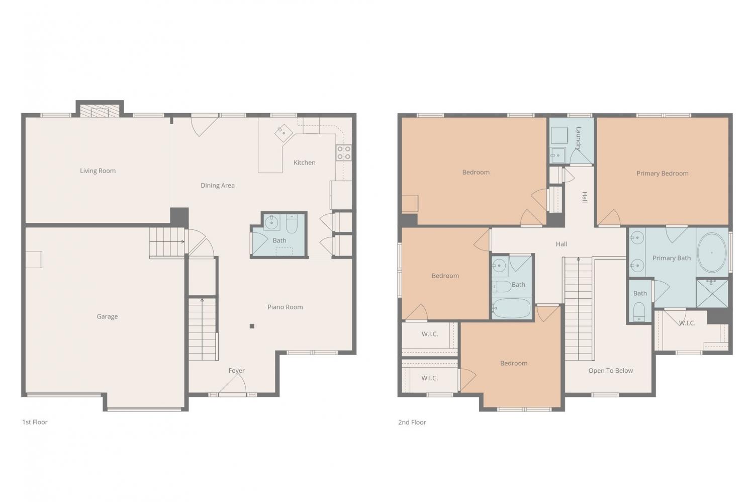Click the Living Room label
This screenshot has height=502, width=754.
pos(98,171)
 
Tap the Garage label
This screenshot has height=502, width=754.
pos(107,316)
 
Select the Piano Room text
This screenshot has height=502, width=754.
pos(285,307)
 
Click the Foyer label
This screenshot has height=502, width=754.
pos(237,370)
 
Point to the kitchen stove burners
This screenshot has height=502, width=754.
pos(344,152)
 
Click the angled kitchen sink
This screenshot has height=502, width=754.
pos(284,133)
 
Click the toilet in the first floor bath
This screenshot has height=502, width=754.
pos(292,223)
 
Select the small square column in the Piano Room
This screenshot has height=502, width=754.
pos(252,326)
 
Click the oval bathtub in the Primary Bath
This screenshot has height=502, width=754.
pos(712,253)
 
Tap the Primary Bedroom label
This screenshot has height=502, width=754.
pos(663,174)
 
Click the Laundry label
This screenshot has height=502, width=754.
pos(578,138)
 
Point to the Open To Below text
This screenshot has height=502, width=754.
pos(611,371)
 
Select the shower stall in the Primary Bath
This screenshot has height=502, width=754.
pos(712,293)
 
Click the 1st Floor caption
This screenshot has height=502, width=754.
pos(35,422)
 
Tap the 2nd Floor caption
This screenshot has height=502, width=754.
pos(412,422)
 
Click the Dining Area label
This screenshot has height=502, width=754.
pos(218,185)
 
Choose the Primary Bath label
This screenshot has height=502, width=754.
pos(672,258)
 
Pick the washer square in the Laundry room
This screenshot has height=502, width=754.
pos(559,135)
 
